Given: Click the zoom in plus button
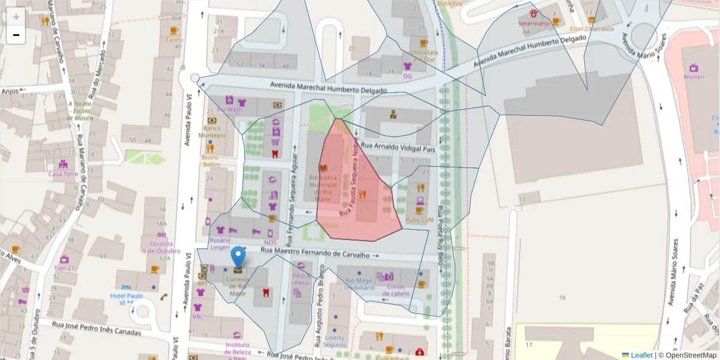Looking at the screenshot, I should click(x=16, y=17).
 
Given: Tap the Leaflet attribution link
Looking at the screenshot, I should click(x=641, y=355).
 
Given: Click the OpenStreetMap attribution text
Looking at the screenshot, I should click(x=690, y=355).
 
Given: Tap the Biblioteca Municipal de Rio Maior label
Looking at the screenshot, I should click(x=323, y=188).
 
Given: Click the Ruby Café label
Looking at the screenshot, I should click(x=419, y=220).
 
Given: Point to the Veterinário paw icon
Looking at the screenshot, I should click(x=533, y=13).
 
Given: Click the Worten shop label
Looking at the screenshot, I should click(x=694, y=77).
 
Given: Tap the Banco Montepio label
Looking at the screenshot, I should click(x=212, y=131).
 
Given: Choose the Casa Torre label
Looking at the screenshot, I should click(x=63, y=174).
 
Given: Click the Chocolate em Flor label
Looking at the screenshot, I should click(x=424, y=56).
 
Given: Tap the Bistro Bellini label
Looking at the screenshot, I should click(x=211, y=161).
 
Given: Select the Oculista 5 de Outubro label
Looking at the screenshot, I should click(x=158, y=247).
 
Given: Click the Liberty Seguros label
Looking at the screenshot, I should click(x=334, y=341).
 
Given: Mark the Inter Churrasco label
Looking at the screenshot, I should click(x=592, y=28).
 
